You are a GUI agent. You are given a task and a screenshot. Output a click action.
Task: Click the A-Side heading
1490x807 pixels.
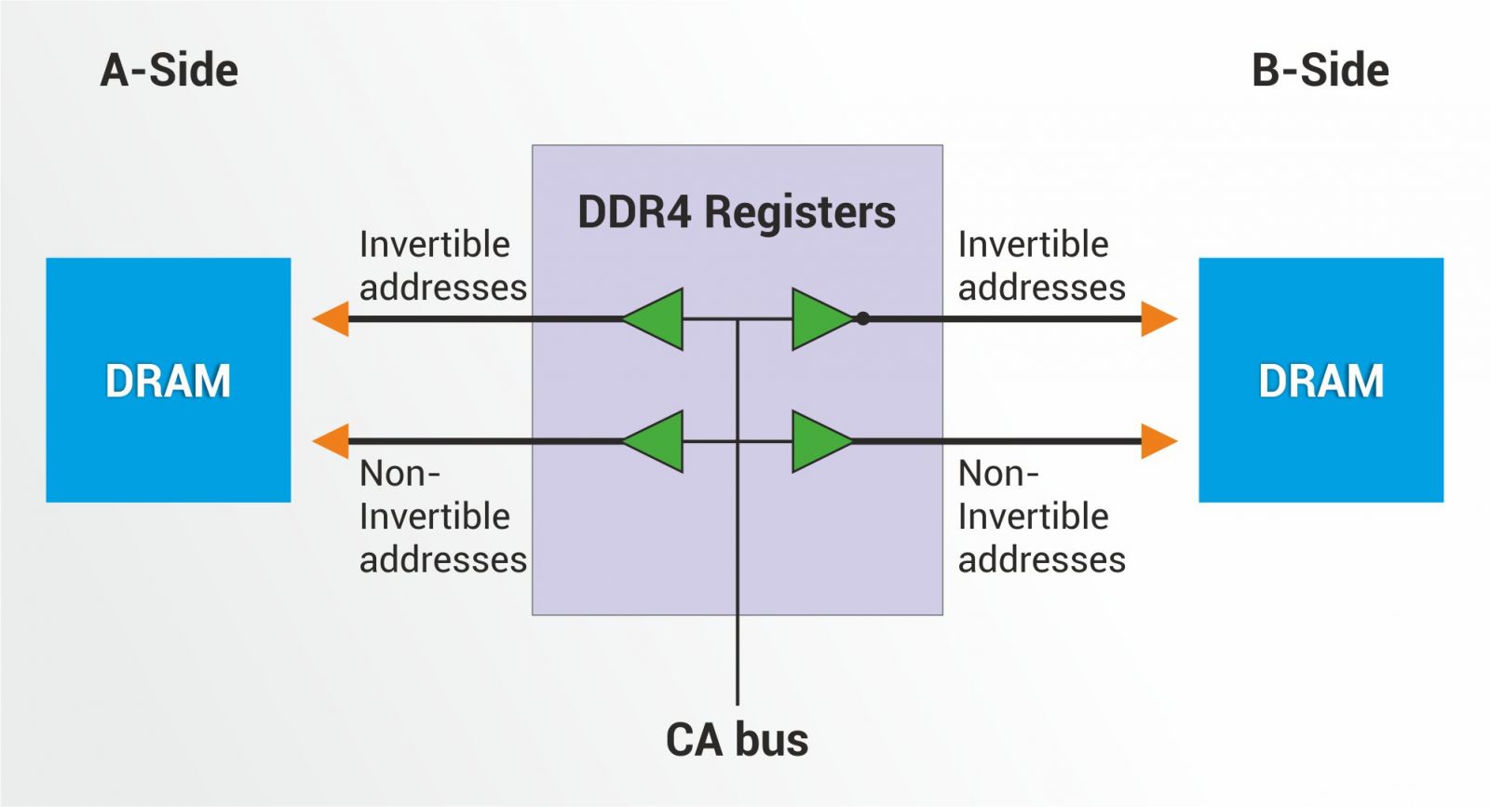click(x=169, y=71)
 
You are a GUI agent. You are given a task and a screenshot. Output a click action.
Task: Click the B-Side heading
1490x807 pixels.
click(x=1320, y=71)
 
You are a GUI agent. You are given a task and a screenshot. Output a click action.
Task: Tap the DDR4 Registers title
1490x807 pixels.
click(x=737, y=212)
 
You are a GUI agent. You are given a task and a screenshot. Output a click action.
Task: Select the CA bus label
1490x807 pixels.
click(x=737, y=740)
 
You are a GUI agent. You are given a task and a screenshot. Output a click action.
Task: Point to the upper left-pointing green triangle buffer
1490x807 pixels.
click(x=656, y=319)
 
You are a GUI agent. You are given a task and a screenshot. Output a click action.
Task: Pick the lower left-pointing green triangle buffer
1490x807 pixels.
click(x=656, y=441)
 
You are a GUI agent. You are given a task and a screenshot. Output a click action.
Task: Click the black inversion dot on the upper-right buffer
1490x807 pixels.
click(x=863, y=318)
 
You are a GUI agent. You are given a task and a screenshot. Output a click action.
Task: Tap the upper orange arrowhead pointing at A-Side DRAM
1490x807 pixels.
click(x=331, y=319)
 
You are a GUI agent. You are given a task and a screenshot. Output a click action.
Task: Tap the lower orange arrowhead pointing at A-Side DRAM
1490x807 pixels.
click(x=331, y=441)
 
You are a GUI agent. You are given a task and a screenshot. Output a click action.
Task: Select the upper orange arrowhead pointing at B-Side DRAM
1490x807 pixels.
click(x=1158, y=319)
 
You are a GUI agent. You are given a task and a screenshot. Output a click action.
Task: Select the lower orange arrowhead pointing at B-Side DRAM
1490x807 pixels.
click(x=1158, y=441)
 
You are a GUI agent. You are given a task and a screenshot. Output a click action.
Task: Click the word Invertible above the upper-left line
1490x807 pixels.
click(x=435, y=245)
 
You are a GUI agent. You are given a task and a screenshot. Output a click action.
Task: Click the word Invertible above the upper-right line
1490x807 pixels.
click(x=1034, y=245)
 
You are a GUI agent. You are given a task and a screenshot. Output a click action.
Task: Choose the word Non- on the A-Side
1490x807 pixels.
click(x=400, y=474)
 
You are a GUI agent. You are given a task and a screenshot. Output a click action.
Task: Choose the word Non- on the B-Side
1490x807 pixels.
click(x=998, y=474)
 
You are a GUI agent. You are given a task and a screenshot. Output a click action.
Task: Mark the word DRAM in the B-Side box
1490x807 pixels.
click(x=1321, y=381)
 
